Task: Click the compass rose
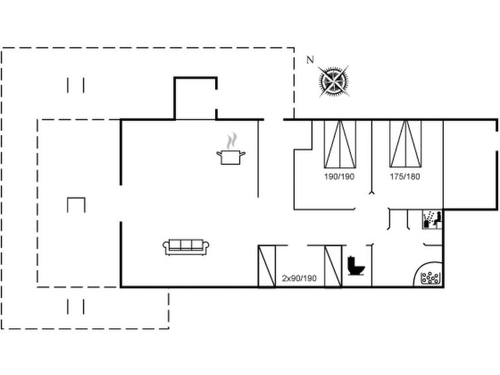click(x=334, y=81)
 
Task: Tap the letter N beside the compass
click(x=310, y=60)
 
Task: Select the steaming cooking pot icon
click(x=231, y=148)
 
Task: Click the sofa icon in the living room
click(x=186, y=247)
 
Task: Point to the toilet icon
click(x=356, y=265)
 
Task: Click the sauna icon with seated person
click(x=432, y=219)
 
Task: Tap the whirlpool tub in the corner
click(x=428, y=274)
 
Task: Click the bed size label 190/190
click(x=339, y=176)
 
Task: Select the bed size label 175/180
click(x=405, y=176)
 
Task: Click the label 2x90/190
click(x=299, y=278)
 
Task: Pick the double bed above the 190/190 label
click(x=340, y=144)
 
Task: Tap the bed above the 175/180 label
click(x=405, y=144)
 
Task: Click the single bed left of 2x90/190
click(x=267, y=266)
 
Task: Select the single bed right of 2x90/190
click(x=333, y=266)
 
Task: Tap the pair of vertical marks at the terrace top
click(x=75, y=85)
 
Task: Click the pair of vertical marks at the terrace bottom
click(x=75, y=306)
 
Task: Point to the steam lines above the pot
click(x=232, y=140)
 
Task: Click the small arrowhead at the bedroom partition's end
click(x=372, y=192)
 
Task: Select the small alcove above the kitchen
click(x=195, y=98)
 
